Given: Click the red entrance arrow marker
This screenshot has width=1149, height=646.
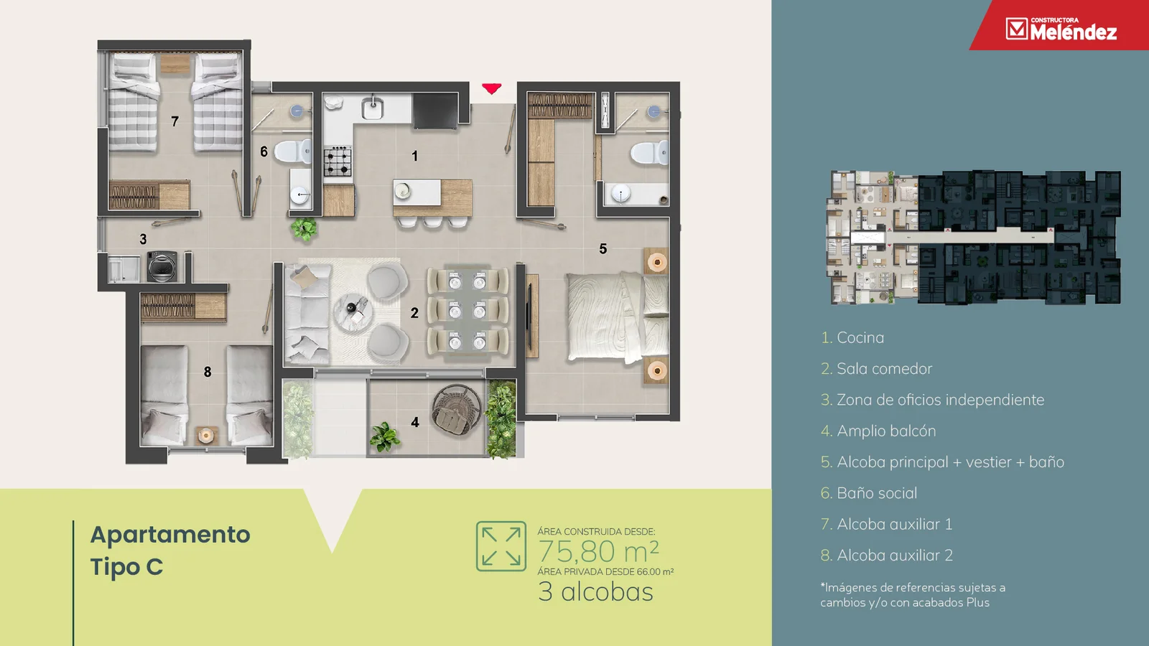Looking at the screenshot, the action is click(x=491, y=89).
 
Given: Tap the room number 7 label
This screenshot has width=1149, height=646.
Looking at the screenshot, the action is click(x=175, y=121).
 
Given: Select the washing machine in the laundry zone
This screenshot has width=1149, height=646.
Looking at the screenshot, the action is click(x=162, y=266).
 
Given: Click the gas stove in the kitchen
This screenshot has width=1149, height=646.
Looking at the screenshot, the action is click(x=338, y=161).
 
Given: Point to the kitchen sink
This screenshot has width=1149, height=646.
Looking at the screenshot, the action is click(x=373, y=107).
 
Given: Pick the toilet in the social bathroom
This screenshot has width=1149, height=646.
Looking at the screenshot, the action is click(x=293, y=151).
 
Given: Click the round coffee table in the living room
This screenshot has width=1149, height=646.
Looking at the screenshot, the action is click(x=353, y=312).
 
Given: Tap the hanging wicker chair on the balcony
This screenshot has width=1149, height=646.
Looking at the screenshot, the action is click(x=457, y=410).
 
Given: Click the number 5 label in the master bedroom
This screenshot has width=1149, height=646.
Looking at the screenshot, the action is click(x=603, y=248).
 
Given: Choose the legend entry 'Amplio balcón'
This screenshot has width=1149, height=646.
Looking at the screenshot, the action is click(x=886, y=431).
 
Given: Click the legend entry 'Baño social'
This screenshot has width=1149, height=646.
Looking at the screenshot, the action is click(x=877, y=492).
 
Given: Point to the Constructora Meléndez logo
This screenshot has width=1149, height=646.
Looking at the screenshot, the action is click(x=1061, y=29).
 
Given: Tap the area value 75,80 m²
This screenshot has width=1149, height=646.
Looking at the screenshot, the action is click(x=598, y=551).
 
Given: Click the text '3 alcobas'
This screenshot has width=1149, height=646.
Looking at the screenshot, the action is click(x=595, y=591).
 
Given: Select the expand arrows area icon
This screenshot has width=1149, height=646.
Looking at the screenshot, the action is click(x=501, y=546).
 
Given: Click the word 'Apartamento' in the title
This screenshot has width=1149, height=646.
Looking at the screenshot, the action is click(x=170, y=535).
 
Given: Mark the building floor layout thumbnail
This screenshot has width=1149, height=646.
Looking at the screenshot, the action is click(x=973, y=238).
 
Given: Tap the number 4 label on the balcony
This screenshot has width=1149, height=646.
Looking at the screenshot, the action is click(x=414, y=422).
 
